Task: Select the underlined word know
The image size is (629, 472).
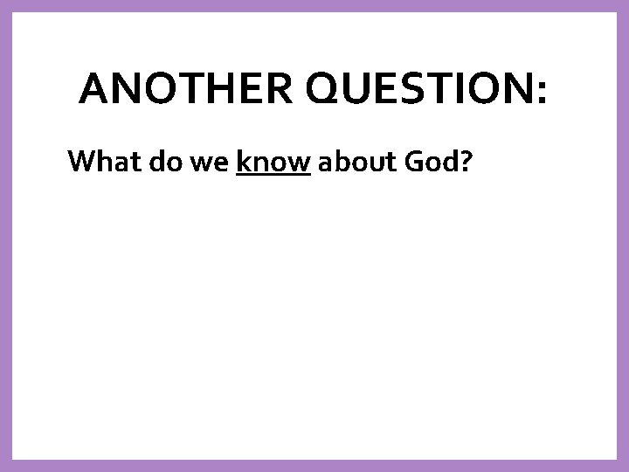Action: tap(273, 162)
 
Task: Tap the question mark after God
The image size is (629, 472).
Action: tap(467, 162)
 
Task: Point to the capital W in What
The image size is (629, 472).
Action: tap(81, 162)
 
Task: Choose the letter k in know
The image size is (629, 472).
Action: tap(242, 162)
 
